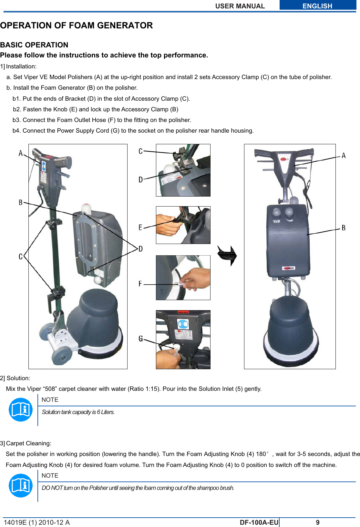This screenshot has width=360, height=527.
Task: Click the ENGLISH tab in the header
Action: coord(317,6)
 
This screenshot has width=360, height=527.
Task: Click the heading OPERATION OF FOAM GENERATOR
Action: coord(77,25)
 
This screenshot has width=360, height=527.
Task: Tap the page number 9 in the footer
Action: coord(318,522)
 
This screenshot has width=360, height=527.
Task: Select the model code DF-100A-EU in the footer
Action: coord(259,522)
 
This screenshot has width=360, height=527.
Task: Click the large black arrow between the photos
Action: coord(227,255)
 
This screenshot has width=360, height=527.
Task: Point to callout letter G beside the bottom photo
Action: coord(141,339)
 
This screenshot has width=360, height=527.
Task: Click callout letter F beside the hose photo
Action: coord(140,284)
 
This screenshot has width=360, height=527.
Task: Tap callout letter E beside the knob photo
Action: coord(140,227)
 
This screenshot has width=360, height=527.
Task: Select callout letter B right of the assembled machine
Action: coord(344,228)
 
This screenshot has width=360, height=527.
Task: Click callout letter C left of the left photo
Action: coord(21,257)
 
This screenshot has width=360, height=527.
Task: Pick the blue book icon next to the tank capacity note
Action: coord(21,410)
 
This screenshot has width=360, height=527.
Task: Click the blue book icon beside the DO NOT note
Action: coord(21,485)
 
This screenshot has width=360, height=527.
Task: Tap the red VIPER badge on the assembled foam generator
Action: coord(289,268)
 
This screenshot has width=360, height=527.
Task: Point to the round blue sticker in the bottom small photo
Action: coord(183,323)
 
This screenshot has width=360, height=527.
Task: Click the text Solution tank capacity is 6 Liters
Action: coord(78,412)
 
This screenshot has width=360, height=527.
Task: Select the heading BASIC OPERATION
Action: coord(34,45)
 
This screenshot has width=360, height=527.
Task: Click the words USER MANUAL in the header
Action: coord(240,6)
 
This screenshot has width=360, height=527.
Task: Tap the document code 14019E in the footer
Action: coord(15,522)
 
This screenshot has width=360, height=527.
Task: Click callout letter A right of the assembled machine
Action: coord(344,156)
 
